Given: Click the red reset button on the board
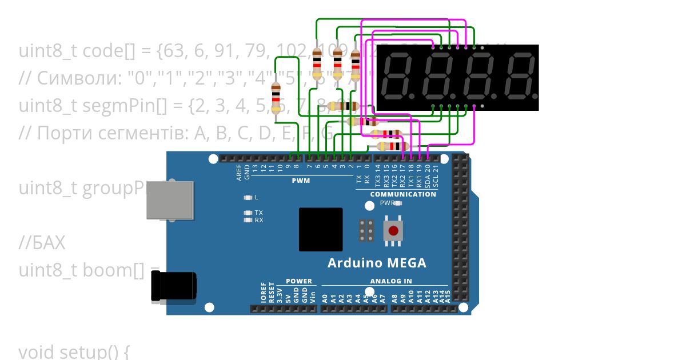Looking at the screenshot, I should [x=393, y=231].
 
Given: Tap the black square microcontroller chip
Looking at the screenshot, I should [x=321, y=229].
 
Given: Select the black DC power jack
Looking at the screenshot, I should [x=173, y=286].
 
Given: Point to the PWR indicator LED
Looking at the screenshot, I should [x=398, y=203].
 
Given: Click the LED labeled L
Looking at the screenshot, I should [x=248, y=197].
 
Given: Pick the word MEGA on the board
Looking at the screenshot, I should [x=405, y=263].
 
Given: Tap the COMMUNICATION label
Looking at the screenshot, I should [x=403, y=194].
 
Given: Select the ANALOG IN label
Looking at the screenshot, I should [x=391, y=281].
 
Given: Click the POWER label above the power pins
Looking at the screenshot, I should [x=298, y=281].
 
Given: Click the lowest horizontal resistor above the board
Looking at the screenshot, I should [x=386, y=146].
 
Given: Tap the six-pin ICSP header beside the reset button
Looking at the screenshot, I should [x=366, y=231].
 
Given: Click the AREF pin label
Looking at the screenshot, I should [x=239, y=173].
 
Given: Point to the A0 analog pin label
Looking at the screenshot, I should [x=325, y=298].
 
